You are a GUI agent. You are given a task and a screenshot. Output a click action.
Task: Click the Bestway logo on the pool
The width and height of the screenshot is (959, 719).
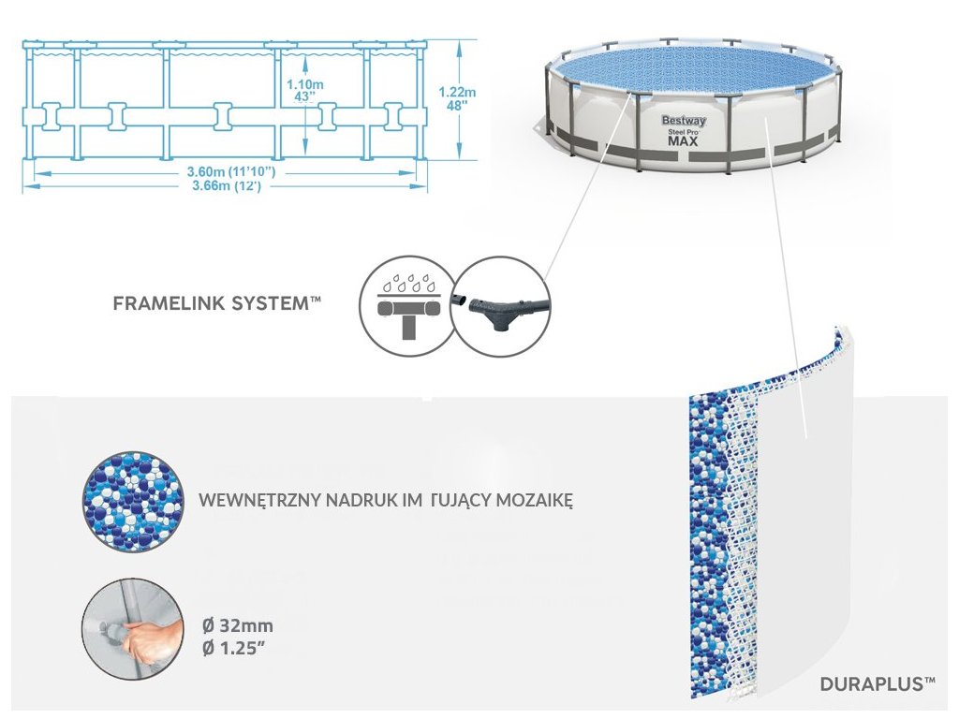point(684,120)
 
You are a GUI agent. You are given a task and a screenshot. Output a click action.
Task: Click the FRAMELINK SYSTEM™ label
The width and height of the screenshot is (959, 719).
point(217,303)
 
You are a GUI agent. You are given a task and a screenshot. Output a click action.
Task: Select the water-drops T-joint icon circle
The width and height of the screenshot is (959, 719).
point(406,305)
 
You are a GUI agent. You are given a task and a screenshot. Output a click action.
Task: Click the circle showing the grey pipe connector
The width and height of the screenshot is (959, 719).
point(499,305)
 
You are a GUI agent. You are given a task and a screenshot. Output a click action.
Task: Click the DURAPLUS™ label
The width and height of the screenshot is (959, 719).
point(878,684)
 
